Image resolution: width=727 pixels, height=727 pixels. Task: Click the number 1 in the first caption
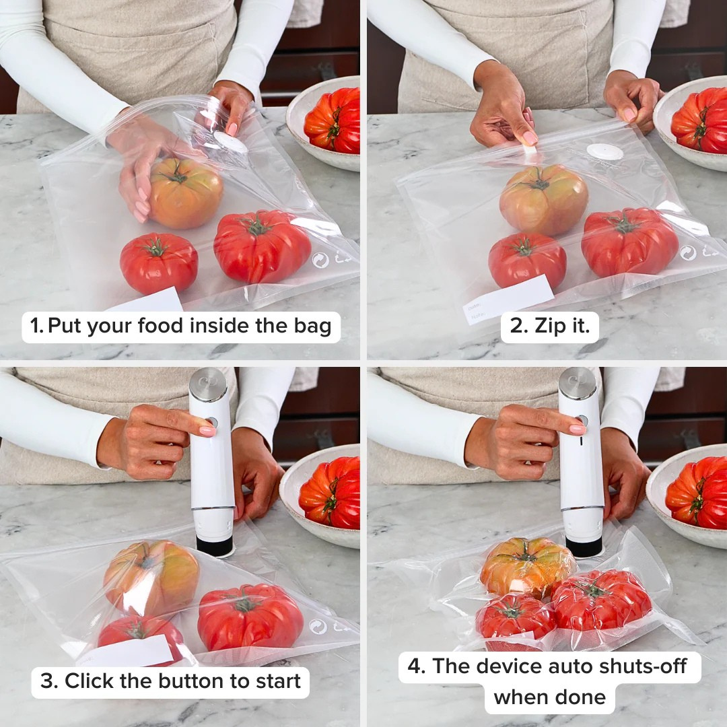(36, 326)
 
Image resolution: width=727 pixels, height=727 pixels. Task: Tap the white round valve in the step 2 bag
(604, 151)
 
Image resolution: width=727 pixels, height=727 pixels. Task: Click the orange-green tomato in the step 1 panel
(185, 193)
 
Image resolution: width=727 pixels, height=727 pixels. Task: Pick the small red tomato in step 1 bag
(159, 263)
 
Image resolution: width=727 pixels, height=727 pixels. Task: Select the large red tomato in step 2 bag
(629, 242)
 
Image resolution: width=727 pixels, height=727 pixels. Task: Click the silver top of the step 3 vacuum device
(208, 384)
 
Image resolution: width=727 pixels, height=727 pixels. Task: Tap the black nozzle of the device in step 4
(583, 546)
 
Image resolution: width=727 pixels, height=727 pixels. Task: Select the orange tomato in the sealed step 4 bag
(527, 566)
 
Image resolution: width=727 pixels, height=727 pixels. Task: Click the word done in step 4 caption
(581, 697)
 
